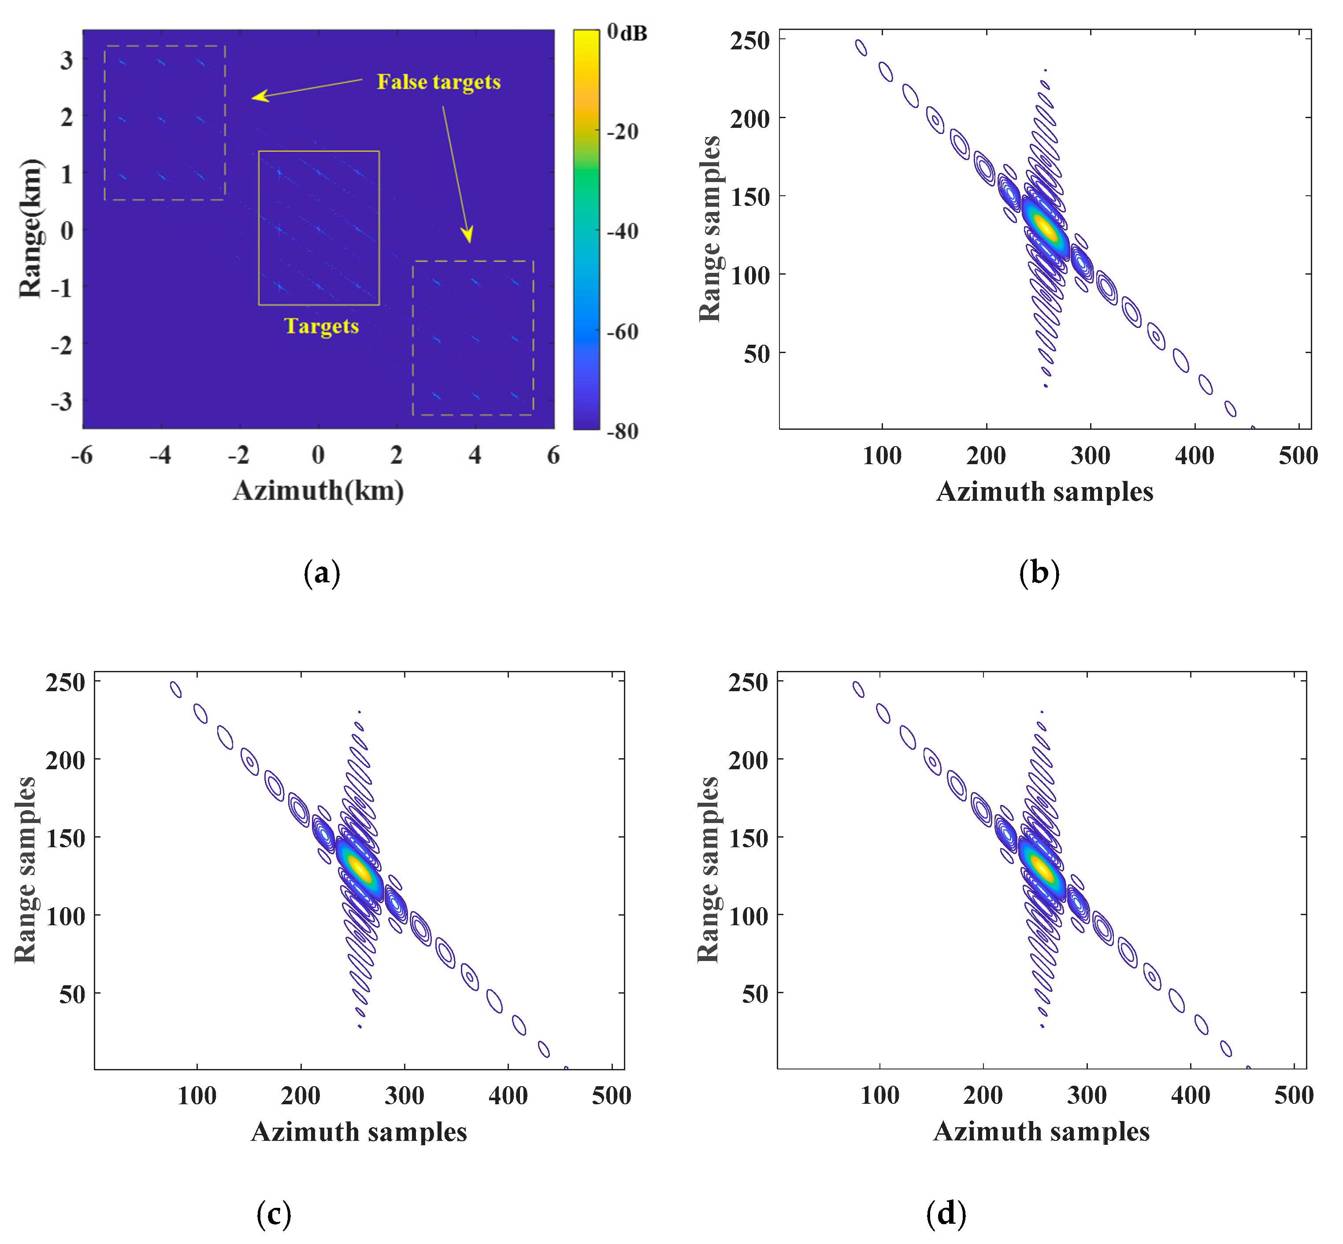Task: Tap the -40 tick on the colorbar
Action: tap(623, 231)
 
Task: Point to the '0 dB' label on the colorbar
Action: tap(626, 32)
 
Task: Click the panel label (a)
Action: tap(322, 573)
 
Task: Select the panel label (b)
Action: tap(1039, 573)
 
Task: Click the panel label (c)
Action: tap(274, 1214)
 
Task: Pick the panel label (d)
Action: tap(946, 1214)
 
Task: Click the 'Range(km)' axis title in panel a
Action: tap(31, 229)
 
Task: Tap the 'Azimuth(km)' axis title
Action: tap(318, 491)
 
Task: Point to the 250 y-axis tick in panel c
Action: tap(65, 682)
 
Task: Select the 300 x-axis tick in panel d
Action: tap(1086, 1095)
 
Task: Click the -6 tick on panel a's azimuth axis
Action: tap(82, 456)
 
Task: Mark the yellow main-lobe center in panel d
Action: tap(1042, 868)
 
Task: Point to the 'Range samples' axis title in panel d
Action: tap(708, 870)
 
